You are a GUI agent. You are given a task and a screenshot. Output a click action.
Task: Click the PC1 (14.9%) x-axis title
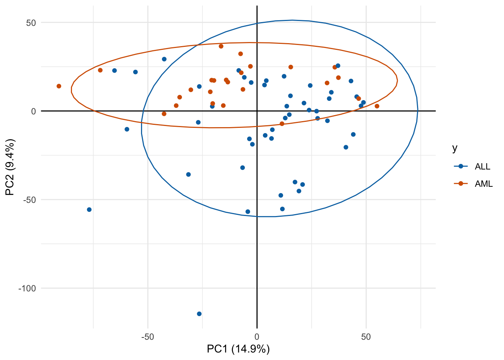[238, 349]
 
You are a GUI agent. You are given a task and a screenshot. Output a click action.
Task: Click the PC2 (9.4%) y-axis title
[10, 167]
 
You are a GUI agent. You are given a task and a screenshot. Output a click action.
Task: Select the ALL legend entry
[482, 166]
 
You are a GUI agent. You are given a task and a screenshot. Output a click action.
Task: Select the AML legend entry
[483, 184]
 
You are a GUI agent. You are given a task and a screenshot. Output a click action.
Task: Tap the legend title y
[455, 148]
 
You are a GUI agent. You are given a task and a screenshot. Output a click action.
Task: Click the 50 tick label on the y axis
[31, 22]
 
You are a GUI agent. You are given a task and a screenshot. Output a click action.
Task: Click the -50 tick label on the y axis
[30, 200]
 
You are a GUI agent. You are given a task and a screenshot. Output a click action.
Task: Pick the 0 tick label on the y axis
[33, 111]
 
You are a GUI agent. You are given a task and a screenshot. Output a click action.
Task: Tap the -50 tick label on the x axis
[147, 337]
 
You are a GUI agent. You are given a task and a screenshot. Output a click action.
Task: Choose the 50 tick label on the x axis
[366, 337]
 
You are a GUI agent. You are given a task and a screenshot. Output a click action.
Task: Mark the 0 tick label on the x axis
[257, 337]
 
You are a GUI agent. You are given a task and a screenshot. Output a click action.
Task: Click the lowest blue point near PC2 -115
[199, 314]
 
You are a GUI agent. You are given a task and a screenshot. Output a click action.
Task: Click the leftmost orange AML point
[59, 86]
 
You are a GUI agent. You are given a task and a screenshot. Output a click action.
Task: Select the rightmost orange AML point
[377, 106]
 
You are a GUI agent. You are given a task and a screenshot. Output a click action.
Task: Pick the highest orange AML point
[221, 46]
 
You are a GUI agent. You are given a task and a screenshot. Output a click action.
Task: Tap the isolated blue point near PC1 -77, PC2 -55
[89, 210]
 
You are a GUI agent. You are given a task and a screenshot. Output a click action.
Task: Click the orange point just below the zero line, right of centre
[282, 124]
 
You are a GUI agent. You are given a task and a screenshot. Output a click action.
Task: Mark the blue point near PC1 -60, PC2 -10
[127, 129]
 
